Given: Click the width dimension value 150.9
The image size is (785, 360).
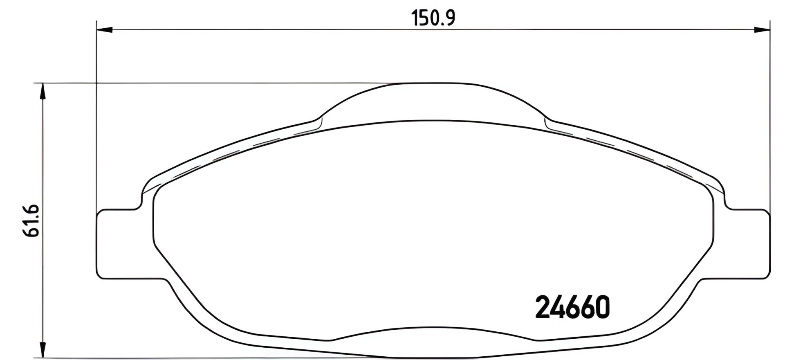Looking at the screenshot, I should coord(433,18).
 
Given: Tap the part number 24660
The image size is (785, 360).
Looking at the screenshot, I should coord(572,308).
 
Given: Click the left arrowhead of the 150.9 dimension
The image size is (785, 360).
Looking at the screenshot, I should coord(104,29).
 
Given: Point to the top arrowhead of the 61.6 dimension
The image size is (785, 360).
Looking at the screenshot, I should coord(42,91).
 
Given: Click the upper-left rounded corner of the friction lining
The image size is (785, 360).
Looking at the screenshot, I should coord(159,192).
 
